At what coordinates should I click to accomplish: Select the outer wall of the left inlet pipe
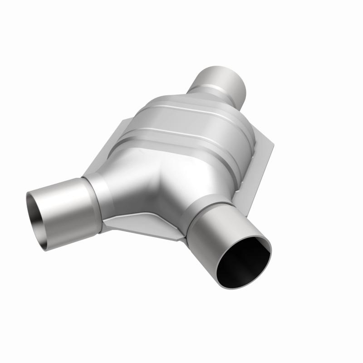coord(64,204)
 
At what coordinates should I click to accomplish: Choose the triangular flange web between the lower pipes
coord(145,225)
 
